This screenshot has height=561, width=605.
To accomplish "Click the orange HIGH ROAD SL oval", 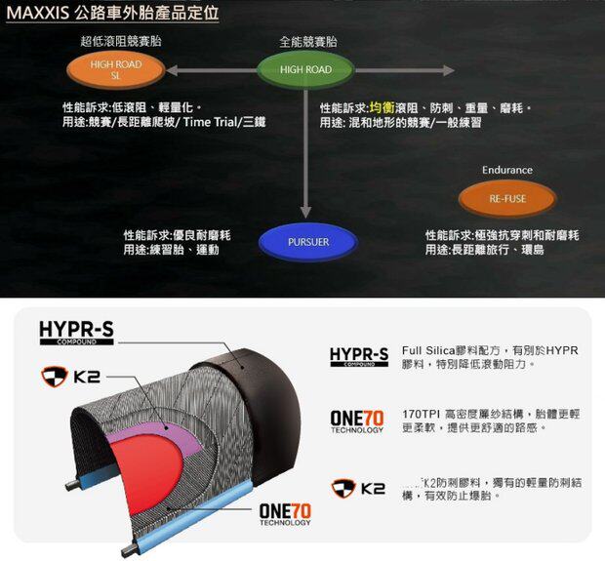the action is tap(115, 70).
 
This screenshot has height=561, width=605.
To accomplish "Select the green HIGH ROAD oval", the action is tap(305, 70).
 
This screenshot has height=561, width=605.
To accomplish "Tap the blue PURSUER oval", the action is tap(308, 242).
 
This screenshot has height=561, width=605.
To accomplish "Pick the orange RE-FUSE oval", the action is tap(507, 199).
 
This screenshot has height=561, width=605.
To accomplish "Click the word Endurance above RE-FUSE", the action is tap(507, 171).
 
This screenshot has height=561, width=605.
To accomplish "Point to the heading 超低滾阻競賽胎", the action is tap(121, 41).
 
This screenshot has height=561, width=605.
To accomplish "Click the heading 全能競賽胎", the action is tap(308, 42).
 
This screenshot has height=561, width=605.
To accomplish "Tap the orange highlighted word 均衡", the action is tap(381, 107).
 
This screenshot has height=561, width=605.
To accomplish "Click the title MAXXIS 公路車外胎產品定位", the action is tap(112, 14).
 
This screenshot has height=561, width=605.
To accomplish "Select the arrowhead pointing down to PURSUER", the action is tap(307, 213).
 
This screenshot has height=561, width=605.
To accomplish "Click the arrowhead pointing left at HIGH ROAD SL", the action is tap(172, 70).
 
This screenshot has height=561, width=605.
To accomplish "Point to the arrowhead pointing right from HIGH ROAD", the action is tap(448, 70).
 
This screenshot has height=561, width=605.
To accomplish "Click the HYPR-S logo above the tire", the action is tap(76, 333).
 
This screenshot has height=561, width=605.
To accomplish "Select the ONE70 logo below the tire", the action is tap(285, 513).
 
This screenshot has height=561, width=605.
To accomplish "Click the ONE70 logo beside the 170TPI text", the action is tap(357, 421).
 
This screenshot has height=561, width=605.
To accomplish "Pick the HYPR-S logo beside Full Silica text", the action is tap(358, 356).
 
